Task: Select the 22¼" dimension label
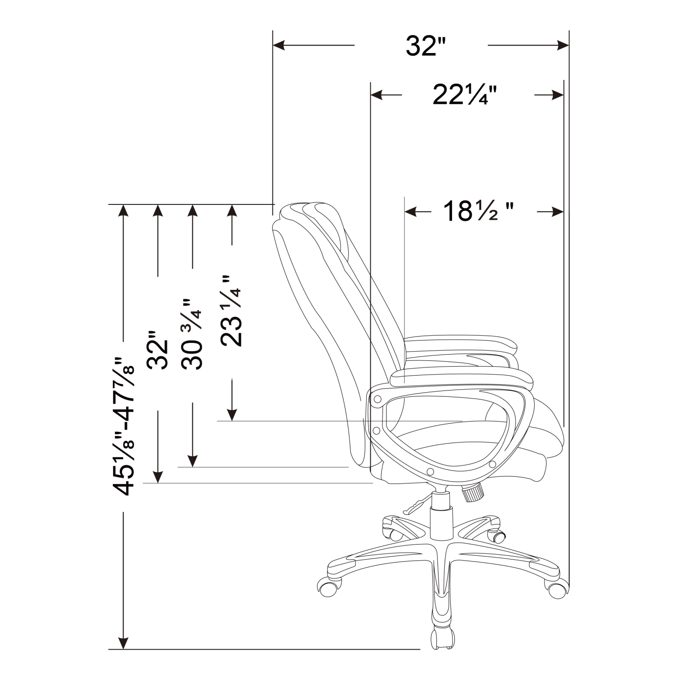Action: point(465,95)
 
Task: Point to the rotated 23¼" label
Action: point(231,311)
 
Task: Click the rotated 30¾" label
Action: point(193,333)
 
